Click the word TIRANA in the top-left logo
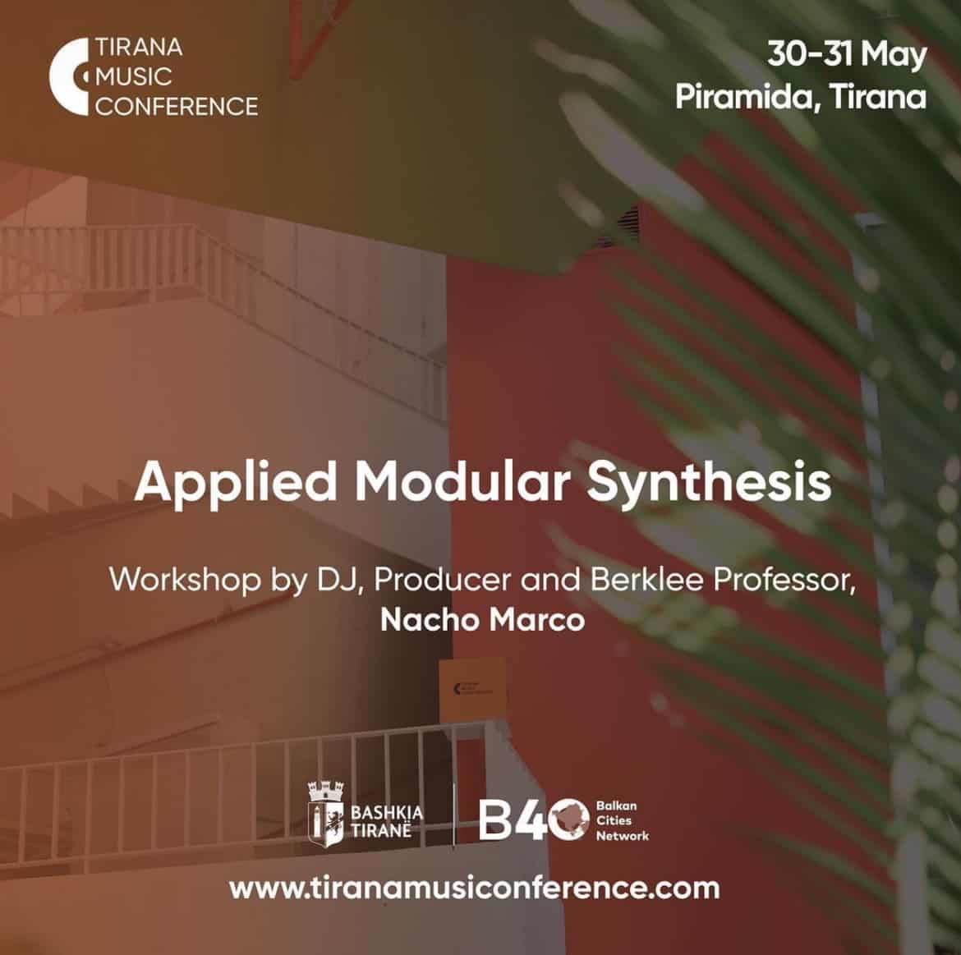(139, 47)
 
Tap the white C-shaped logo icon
(67, 76)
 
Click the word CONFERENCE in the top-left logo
(177, 107)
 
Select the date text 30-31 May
(847, 55)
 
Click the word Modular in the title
(462, 481)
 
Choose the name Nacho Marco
(482, 620)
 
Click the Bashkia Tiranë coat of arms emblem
(325, 814)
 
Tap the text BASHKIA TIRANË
(387, 822)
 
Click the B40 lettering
(533, 820)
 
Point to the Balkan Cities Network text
(622, 821)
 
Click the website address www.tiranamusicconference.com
(475, 888)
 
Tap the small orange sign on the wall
(472, 689)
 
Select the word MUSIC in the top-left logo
(134, 77)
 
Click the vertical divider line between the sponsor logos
(453, 814)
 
